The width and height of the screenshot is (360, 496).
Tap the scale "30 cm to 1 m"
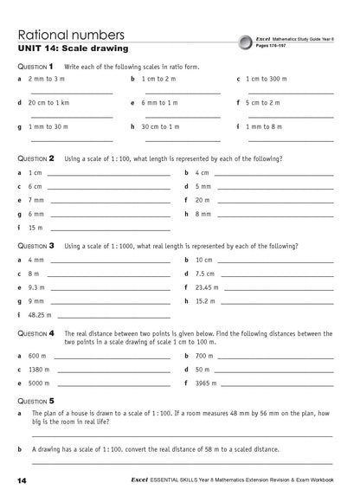pyautogui.click(x=160, y=126)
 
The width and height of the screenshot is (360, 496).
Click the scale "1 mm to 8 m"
pyautogui.click(x=264, y=126)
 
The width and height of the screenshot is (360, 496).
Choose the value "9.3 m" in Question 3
pyautogui.click(x=36, y=287)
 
